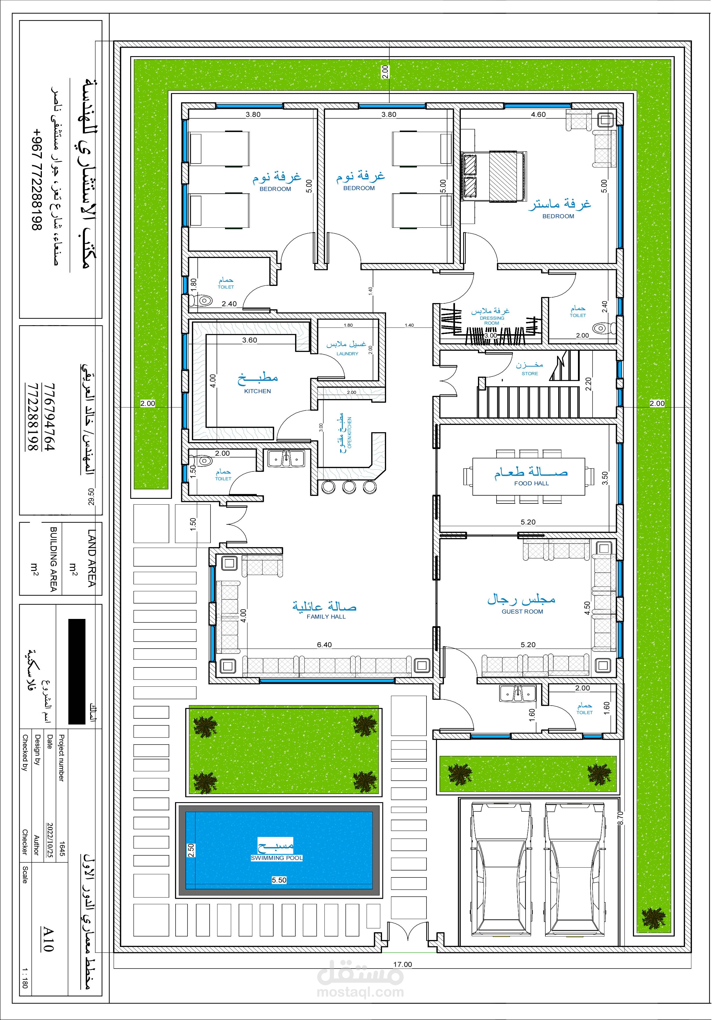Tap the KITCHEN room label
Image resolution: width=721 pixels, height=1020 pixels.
(x=261, y=397)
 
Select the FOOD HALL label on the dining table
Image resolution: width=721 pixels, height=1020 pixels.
(x=539, y=490)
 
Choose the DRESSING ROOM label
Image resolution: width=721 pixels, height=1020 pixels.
(x=499, y=325)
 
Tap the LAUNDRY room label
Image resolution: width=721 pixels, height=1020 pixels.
(x=352, y=359)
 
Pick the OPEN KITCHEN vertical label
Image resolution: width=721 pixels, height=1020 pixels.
(x=355, y=439)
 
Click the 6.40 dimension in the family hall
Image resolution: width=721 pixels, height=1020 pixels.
(x=329, y=654)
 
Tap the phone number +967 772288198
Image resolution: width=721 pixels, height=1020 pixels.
(x=37, y=182)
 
